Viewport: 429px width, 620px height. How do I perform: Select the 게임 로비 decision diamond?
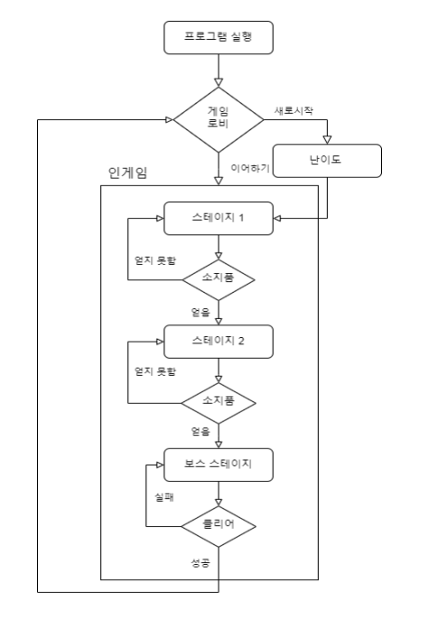point(219,119)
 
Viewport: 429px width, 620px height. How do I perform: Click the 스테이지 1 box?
point(219,219)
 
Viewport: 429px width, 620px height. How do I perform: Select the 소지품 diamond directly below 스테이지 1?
point(219,278)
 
